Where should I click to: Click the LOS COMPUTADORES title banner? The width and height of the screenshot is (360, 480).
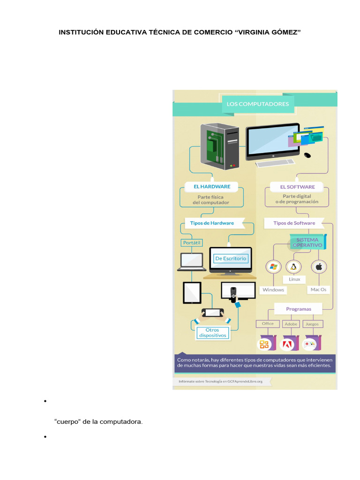(258, 104)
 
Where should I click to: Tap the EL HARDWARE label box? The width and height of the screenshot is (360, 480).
(212, 186)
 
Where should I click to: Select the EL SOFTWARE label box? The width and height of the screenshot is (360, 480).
(297, 187)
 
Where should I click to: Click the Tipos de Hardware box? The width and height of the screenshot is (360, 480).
(212, 223)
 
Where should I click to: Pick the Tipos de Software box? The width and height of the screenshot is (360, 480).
(294, 223)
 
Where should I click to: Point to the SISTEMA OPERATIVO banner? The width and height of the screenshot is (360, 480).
(307, 242)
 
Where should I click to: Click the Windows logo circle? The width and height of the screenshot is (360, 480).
(273, 267)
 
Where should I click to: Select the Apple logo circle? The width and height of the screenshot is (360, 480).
(319, 267)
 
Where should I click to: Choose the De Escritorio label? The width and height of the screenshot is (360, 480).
(230, 258)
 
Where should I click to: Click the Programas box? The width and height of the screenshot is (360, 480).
(298, 309)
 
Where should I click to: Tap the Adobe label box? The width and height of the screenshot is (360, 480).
(291, 324)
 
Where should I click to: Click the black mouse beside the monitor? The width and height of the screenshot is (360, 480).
(307, 155)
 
